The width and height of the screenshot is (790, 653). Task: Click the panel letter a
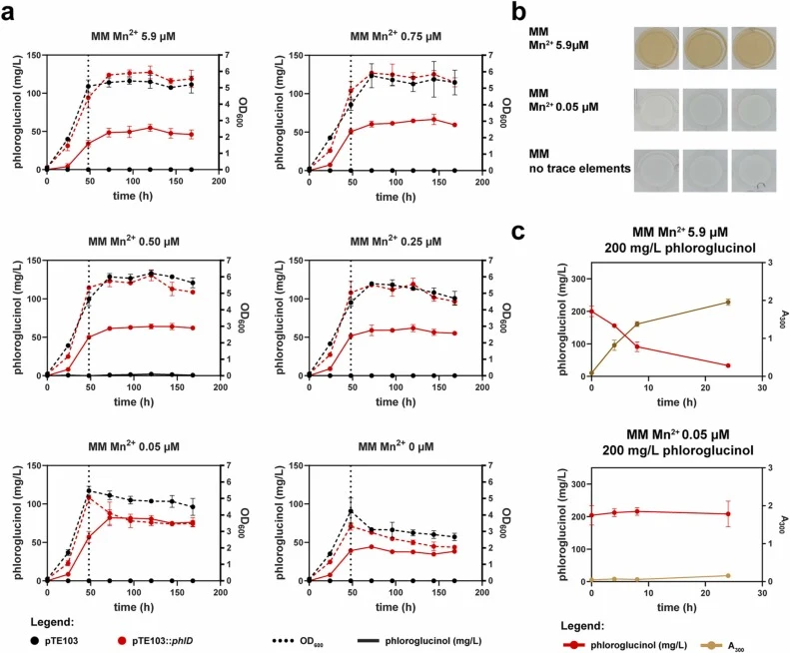point(8,13)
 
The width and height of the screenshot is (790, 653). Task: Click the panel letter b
point(519,11)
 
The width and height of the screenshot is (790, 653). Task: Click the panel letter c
point(518,232)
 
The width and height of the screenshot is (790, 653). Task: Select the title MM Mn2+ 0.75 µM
point(395,36)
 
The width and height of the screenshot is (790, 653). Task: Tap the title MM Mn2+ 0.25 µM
point(395,241)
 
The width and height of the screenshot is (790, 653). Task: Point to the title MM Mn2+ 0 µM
point(395,446)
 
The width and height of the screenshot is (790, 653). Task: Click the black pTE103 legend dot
point(34,641)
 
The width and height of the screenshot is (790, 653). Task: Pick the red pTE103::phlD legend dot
point(122,641)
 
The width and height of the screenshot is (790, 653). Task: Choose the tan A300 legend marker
point(711,645)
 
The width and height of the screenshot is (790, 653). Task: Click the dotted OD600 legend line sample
point(287,641)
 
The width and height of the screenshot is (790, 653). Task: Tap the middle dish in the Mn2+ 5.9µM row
point(705,48)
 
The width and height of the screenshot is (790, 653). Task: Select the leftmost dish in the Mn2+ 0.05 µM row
point(656,110)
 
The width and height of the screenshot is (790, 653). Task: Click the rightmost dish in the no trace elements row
point(754,171)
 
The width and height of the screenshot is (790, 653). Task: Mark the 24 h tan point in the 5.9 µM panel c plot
point(727,302)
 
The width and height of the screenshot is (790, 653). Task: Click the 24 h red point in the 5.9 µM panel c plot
point(727,365)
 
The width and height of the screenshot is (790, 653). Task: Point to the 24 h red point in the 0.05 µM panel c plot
point(727,514)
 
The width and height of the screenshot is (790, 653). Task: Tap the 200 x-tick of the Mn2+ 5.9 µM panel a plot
point(219,182)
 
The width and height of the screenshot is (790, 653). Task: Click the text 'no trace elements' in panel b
point(579,169)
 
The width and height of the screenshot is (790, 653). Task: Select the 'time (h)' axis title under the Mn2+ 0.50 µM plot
point(133,401)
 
